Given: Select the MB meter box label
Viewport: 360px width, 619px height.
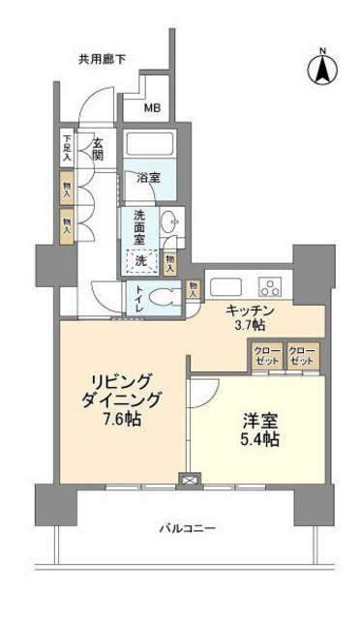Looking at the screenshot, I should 153,107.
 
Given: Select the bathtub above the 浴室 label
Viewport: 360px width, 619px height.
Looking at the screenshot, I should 149,146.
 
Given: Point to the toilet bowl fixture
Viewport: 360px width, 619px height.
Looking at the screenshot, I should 166,297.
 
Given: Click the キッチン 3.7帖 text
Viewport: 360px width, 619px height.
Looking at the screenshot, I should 252,317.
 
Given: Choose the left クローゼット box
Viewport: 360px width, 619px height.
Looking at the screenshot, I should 268,355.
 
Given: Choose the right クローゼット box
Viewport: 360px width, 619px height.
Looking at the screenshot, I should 301,355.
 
